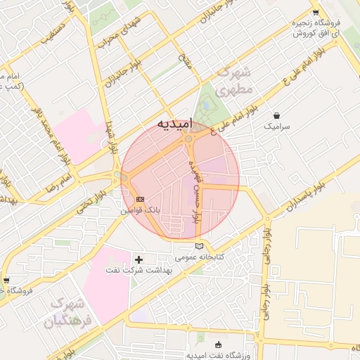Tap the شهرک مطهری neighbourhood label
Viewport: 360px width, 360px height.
coord(235,82)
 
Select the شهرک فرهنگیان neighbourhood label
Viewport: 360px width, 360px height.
coord(68,314)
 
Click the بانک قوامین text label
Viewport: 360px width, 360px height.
coord(141,210)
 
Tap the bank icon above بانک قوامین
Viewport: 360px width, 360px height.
coord(141,200)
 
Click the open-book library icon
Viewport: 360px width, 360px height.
coord(200,246)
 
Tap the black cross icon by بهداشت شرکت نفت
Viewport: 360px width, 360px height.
coord(139,260)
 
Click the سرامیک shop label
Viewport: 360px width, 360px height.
coord(276,127)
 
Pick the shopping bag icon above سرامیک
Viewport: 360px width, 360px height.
coord(276,115)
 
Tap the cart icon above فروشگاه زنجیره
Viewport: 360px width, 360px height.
coord(316,13)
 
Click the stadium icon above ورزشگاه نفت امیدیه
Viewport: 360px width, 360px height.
coord(217,344)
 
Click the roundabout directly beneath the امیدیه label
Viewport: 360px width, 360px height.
coord(188,139)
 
